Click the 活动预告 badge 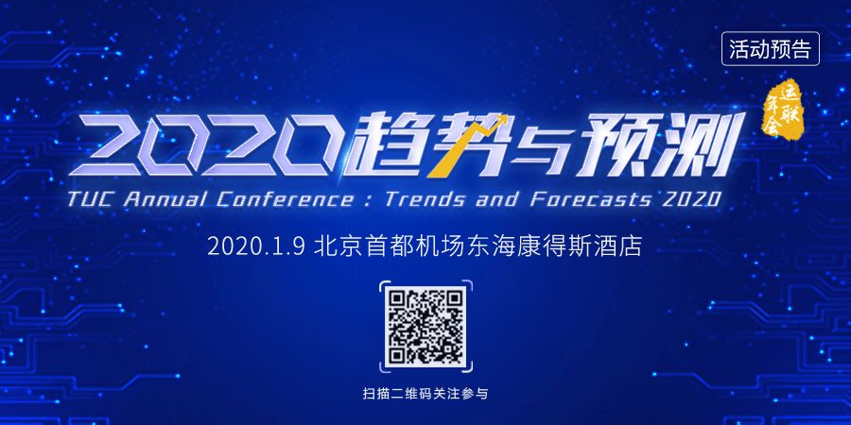click(770, 49)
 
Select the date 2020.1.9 click(258, 247)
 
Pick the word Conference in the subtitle click(282, 199)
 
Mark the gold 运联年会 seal click(784, 110)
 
